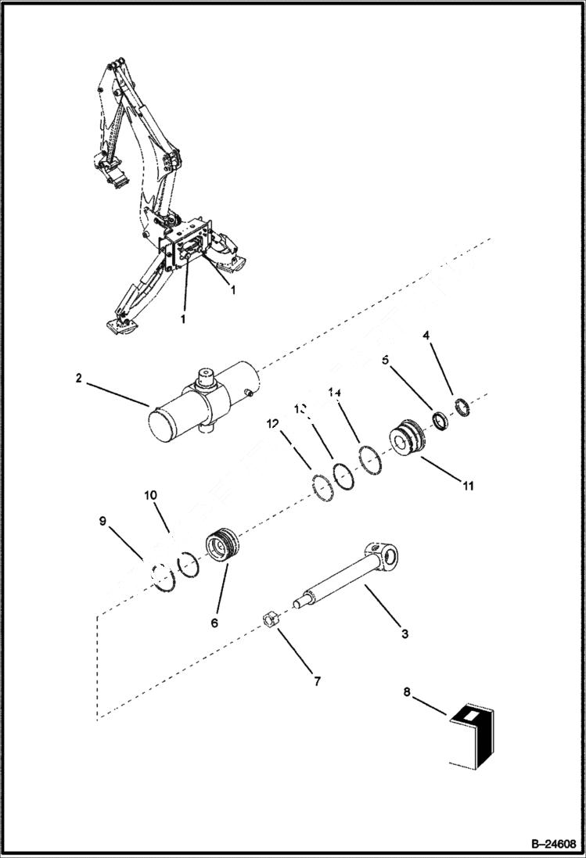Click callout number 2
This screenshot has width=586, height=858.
pyautogui.click(x=79, y=377)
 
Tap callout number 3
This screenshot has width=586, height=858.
pyautogui.click(x=404, y=634)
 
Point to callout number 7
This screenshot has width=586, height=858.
pyautogui.click(x=317, y=682)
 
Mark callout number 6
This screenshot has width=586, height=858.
pyautogui.click(x=214, y=623)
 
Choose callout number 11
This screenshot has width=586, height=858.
pyautogui.click(x=467, y=486)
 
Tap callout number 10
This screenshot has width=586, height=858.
pyautogui.click(x=150, y=495)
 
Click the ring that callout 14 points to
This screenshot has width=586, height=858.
pyautogui.click(x=370, y=459)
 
